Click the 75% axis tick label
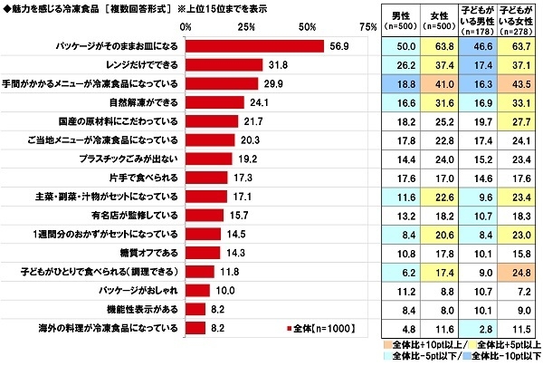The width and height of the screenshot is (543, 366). (367, 26)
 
